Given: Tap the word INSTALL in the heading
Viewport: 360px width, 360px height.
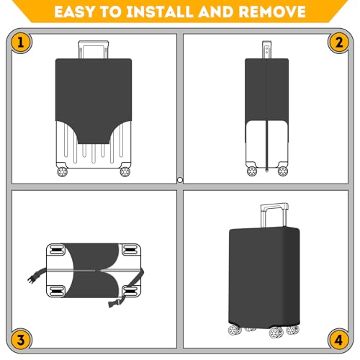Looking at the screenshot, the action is (159, 12).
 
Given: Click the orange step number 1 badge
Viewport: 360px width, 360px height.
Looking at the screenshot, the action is (21, 42).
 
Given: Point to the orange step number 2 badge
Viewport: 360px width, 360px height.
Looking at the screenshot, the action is (339, 42).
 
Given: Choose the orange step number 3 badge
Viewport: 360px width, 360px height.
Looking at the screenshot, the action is (21, 340).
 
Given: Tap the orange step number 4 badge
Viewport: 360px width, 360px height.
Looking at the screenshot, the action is (339, 340).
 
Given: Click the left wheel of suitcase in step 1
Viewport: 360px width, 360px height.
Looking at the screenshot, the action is (62, 172).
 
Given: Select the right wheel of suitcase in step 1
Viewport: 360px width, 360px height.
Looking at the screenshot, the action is (125, 172).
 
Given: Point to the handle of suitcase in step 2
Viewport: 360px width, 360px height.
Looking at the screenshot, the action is (266, 49).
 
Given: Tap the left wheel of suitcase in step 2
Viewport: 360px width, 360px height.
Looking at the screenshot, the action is (252, 171).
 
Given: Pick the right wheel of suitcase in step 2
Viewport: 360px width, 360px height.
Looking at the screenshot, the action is (283, 171).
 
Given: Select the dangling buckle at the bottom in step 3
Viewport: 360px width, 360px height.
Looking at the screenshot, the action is (113, 304).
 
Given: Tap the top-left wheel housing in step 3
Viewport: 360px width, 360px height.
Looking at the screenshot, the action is (56, 250).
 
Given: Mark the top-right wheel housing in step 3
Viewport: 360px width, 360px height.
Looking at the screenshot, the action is (131, 250).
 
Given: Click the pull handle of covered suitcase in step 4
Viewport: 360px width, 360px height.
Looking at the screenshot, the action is (274, 215).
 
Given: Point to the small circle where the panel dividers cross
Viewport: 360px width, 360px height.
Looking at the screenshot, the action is (180, 180).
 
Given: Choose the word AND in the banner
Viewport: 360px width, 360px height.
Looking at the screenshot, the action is (215, 12).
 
